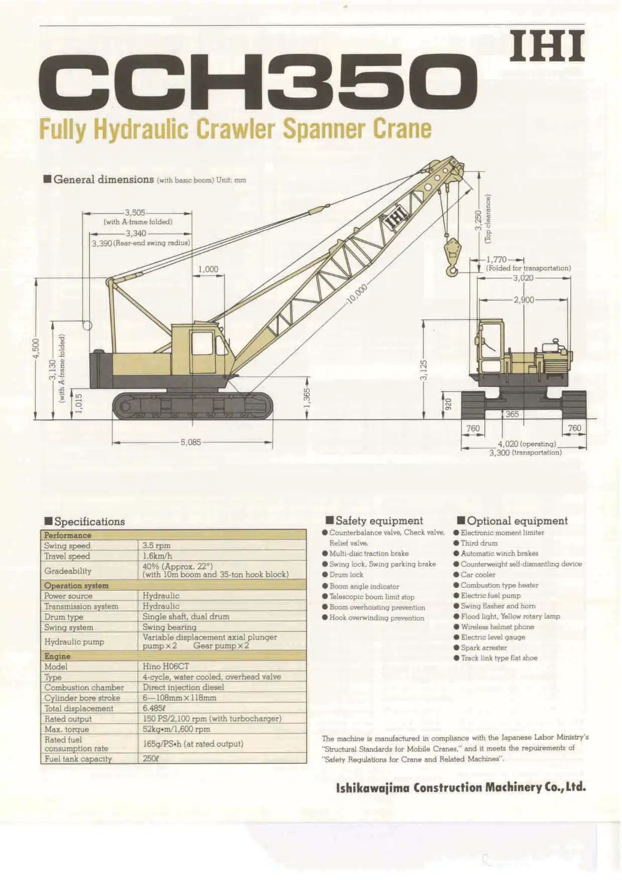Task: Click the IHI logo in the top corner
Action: (x=547, y=46)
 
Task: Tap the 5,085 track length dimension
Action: (x=191, y=443)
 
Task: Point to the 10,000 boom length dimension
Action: (x=357, y=294)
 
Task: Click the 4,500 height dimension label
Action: (x=36, y=349)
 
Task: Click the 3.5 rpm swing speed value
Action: (x=156, y=545)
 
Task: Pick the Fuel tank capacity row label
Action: (x=78, y=759)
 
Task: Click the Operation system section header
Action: (x=76, y=585)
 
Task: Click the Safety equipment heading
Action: (x=379, y=521)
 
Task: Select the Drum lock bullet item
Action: (x=346, y=575)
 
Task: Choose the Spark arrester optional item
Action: (x=484, y=648)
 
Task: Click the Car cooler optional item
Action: (x=478, y=575)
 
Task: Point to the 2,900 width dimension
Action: (x=524, y=300)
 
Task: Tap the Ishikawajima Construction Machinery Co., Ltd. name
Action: (x=461, y=787)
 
